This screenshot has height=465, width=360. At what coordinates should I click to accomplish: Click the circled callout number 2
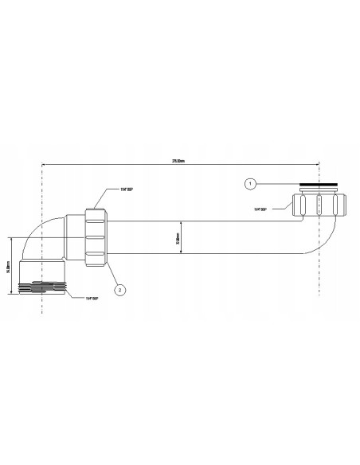[x=119, y=290]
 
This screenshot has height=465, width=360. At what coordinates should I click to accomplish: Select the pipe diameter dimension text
[x=178, y=237]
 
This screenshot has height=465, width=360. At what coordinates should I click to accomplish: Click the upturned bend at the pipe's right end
[x=317, y=239]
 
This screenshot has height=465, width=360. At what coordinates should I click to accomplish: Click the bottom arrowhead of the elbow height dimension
[x=11, y=292]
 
